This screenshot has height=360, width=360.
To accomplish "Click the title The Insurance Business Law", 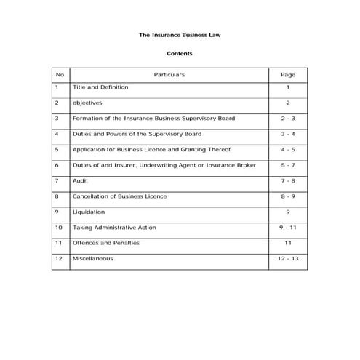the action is coord(180,34).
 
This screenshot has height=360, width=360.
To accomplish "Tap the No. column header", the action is coord(60,74).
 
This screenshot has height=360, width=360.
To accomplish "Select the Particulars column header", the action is coord(169,74).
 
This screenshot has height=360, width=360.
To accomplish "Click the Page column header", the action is coord(288,74).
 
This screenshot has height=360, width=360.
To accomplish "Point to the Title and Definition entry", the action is coord(100,87).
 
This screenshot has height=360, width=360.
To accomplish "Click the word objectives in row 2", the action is coord(87,103).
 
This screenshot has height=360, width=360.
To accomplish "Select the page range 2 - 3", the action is coord(288,119).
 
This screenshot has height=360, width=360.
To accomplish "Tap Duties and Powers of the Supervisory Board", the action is coord(137,135).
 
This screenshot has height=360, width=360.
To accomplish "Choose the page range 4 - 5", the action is coord(288,150).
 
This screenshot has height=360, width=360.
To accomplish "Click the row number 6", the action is coord(57,165).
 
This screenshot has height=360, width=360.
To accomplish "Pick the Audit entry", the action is coord(81,180).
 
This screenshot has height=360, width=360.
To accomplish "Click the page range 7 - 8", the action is coord(288,180).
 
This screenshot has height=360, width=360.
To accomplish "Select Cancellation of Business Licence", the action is coord(120,196).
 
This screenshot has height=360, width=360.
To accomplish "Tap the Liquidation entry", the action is coord(89,212).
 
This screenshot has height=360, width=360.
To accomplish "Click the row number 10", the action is coord(58,228).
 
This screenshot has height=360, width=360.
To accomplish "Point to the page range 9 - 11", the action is coord(288,228).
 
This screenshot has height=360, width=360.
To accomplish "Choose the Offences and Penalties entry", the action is coord(106,243).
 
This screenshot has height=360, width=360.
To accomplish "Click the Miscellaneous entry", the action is coord(93,259).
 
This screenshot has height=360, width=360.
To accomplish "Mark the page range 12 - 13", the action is coord(288,259).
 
